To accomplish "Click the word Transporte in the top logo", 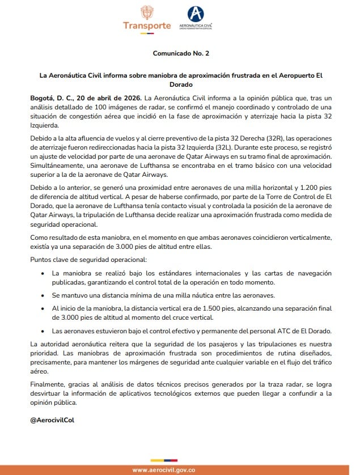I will (x=147, y=26).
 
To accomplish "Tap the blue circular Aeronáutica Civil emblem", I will (x=195, y=14).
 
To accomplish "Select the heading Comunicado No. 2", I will (x=180, y=53).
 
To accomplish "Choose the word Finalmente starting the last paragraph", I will (x=48, y=384).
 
